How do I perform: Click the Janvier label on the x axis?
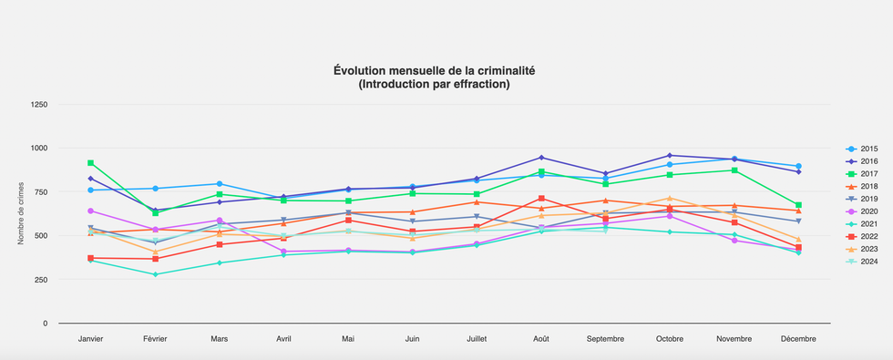click(90, 338)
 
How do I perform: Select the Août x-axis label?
click(541, 338)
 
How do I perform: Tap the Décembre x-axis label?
click(798, 338)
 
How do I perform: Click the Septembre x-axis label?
click(605, 338)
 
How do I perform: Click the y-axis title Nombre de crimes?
click(20, 213)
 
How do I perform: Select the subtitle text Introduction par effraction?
click(434, 84)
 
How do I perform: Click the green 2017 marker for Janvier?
click(90, 163)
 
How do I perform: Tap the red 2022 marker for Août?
click(541, 198)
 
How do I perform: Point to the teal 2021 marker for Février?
click(155, 274)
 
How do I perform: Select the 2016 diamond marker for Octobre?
click(670, 155)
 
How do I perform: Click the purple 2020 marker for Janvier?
click(90, 211)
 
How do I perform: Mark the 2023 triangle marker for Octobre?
click(670, 198)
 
